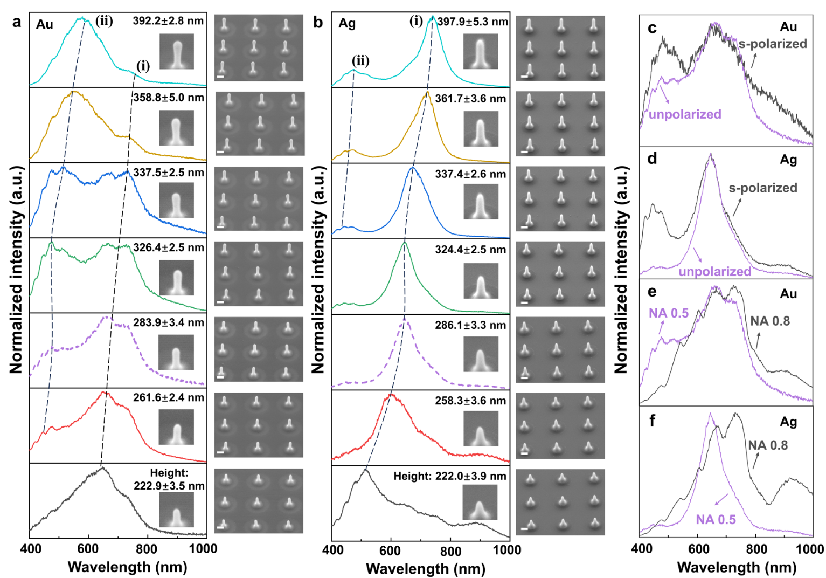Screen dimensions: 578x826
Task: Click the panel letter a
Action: tap(17, 23)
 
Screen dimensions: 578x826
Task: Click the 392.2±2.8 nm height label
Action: tap(168, 21)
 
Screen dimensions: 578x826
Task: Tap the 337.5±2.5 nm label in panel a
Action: tap(169, 173)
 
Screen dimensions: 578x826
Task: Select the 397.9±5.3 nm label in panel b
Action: tap(473, 22)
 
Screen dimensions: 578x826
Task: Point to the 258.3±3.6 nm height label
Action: tap(470, 401)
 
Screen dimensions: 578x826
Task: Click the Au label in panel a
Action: tap(45, 24)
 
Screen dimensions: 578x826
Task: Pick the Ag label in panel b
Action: tap(347, 24)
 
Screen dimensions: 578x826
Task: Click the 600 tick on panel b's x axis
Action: tap(390, 551)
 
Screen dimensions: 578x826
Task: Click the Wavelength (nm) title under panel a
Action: tap(127, 567)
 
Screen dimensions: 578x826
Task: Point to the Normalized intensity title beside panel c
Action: tap(621, 270)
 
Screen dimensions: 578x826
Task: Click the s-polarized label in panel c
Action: tap(772, 44)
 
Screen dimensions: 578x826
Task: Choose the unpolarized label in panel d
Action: tap(714, 271)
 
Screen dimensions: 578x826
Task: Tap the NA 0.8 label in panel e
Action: tap(769, 321)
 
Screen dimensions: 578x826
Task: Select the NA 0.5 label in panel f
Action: tap(716, 519)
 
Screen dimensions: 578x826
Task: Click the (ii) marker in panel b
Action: tap(360, 60)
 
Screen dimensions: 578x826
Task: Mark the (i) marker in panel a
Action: tap(143, 66)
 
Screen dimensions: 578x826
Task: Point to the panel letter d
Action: tap(653, 159)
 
